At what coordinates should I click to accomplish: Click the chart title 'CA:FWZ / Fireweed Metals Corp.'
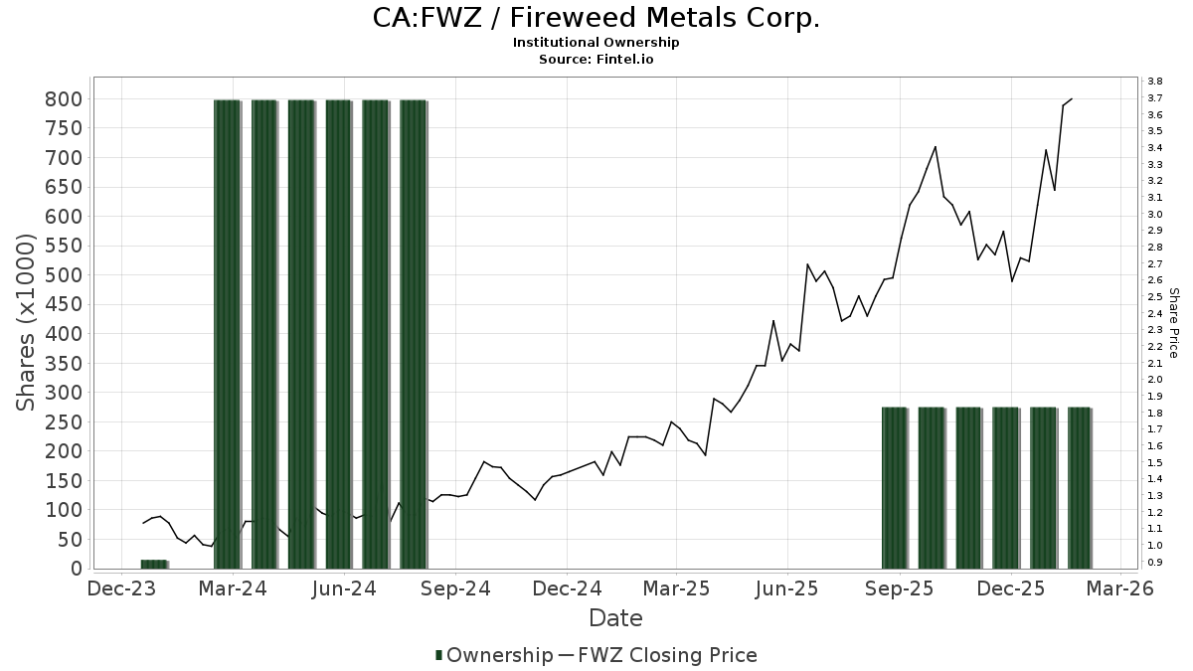pos(596,19)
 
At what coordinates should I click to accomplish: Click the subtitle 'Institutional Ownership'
pos(596,43)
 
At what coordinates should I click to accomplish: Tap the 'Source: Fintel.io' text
pos(596,59)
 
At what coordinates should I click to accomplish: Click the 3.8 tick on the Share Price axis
pos(1154,81)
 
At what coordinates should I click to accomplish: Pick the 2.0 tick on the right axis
pos(1154,380)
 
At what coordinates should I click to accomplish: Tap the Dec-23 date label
pos(122,588)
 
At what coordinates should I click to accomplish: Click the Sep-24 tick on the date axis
pos(455,588)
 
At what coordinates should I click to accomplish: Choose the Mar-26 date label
pos(1120,588)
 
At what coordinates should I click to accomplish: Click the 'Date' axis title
pos(615,618)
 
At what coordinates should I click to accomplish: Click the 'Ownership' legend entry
pos(494,655)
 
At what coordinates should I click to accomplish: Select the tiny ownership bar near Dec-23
pos(154,564)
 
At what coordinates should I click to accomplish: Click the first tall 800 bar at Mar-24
pos(228,333)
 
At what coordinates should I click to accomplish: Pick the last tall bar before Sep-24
pos(414,333)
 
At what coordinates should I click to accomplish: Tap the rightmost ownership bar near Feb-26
pos(1080,487)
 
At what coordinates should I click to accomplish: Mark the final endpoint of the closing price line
pos(1072,98)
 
